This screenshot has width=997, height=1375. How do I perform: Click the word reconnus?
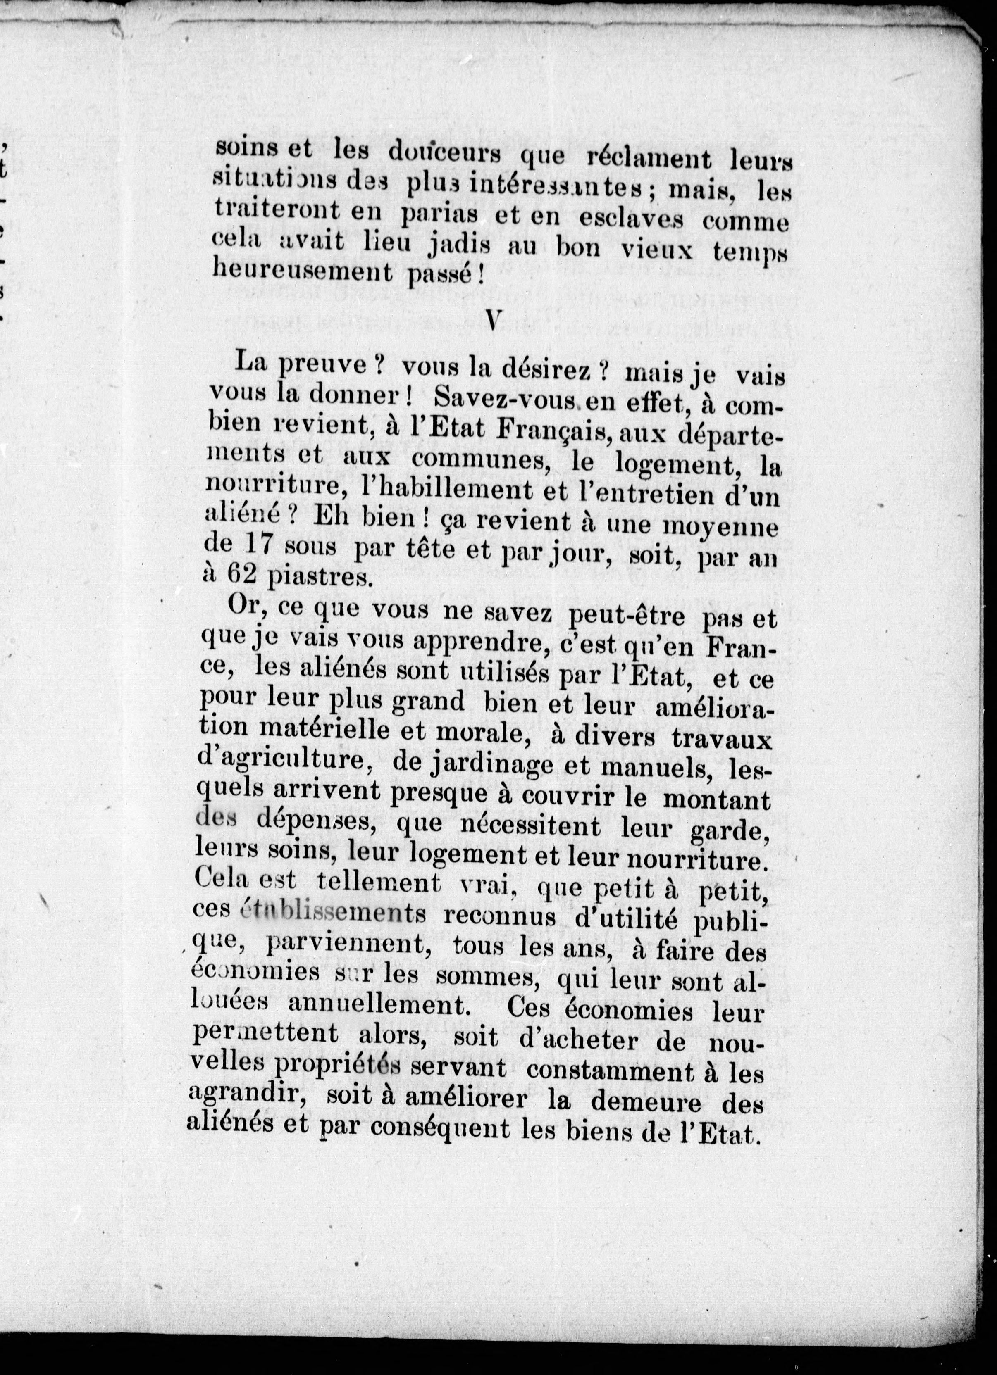click(x=500, y=917)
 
